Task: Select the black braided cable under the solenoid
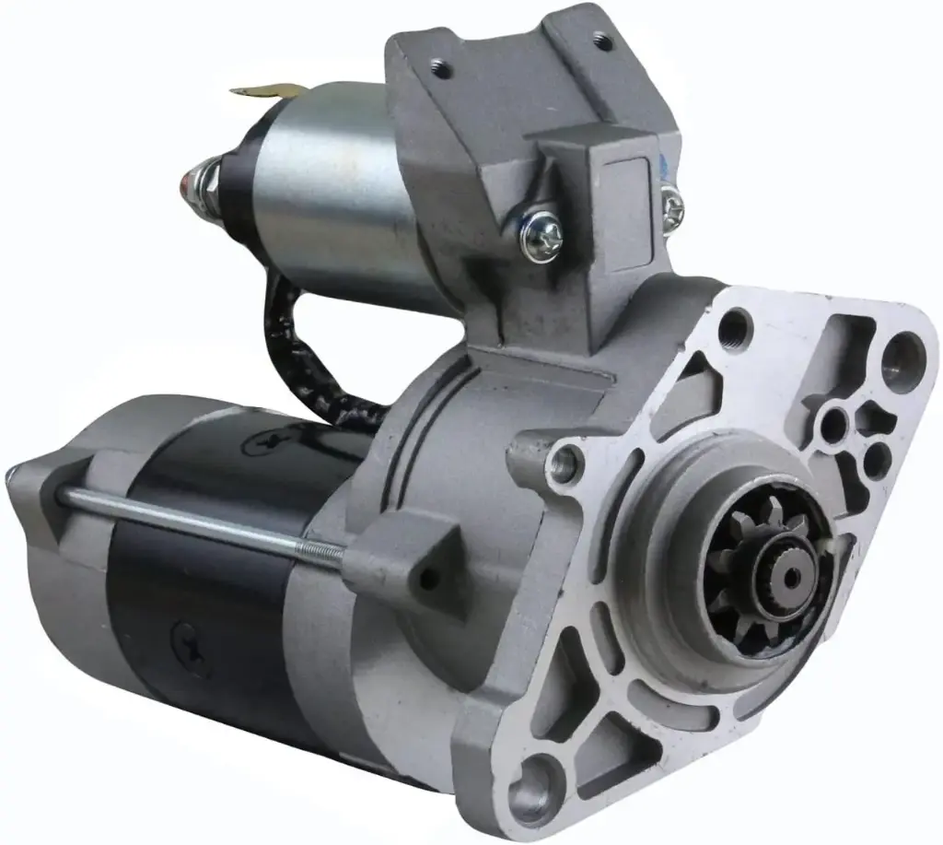(x=295, y=350)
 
